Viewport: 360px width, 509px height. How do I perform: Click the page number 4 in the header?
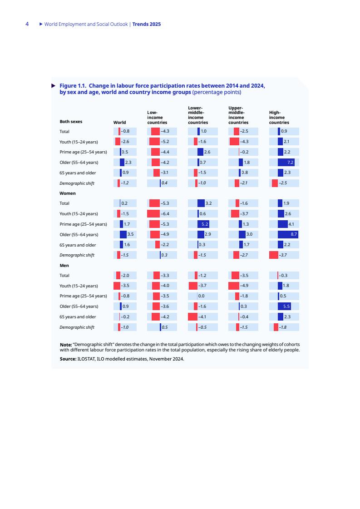(27, 24)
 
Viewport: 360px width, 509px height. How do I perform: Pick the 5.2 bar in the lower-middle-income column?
(203, 224)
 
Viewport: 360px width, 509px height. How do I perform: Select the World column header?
(120, 123)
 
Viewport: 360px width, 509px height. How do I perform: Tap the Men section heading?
(64, 266)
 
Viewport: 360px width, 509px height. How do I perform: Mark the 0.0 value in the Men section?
(201, 296)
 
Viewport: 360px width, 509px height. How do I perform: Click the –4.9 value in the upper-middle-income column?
(244, 286)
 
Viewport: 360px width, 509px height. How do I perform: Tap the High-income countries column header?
(279, 117)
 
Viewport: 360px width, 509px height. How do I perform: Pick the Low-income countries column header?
(157, 117)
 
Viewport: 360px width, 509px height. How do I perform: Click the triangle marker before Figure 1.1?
(53, 86)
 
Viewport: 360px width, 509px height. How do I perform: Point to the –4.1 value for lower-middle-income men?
(202, 317)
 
